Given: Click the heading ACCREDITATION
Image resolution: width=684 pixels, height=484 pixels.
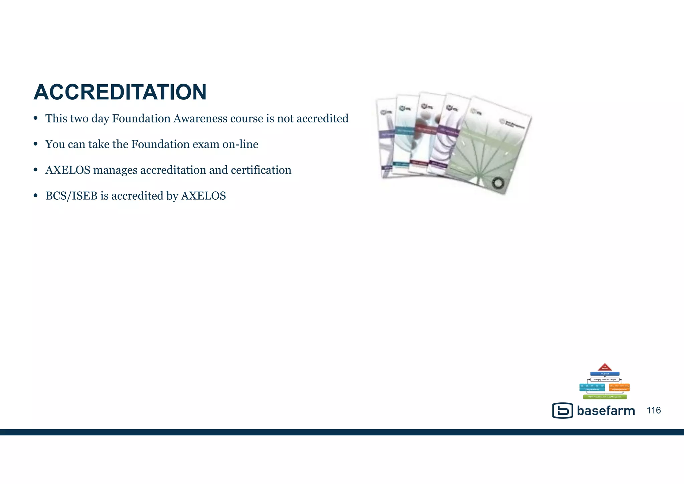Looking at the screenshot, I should [x=120, y=92].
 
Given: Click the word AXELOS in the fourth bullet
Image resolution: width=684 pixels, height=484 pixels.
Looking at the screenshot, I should [x=203, y=196].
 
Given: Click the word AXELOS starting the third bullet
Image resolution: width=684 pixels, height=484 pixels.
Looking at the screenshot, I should [x=68, y=170].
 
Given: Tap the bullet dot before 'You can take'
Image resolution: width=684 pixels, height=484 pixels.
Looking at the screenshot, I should [x=35, y=144].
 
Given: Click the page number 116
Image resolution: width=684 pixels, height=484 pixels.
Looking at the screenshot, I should [x=654, y=410].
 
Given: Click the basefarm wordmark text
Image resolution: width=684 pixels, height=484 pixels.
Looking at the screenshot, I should [x=606, y=411].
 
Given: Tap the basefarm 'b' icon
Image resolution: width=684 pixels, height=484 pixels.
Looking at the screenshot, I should [x=563, y=410].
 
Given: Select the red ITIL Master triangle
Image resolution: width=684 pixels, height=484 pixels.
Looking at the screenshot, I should [x=605, y=367].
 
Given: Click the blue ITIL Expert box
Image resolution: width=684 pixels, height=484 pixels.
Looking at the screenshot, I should [x=605, y=374].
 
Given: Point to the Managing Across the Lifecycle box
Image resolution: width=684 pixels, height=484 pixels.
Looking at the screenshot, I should [x=605, y=380].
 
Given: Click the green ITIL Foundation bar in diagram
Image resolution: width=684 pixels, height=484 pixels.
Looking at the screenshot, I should [x=605, y=397].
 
